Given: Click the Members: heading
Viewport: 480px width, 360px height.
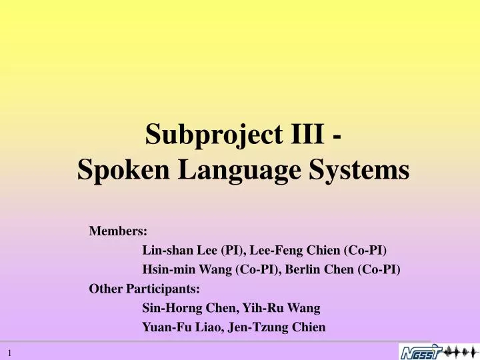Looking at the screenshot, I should pos(119,231).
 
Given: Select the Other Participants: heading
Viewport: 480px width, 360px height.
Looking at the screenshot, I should pos(145,289).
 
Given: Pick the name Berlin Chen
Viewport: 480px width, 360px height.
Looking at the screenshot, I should pos(323,270).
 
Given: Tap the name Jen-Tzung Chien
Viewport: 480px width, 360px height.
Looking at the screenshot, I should pos(280,327).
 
